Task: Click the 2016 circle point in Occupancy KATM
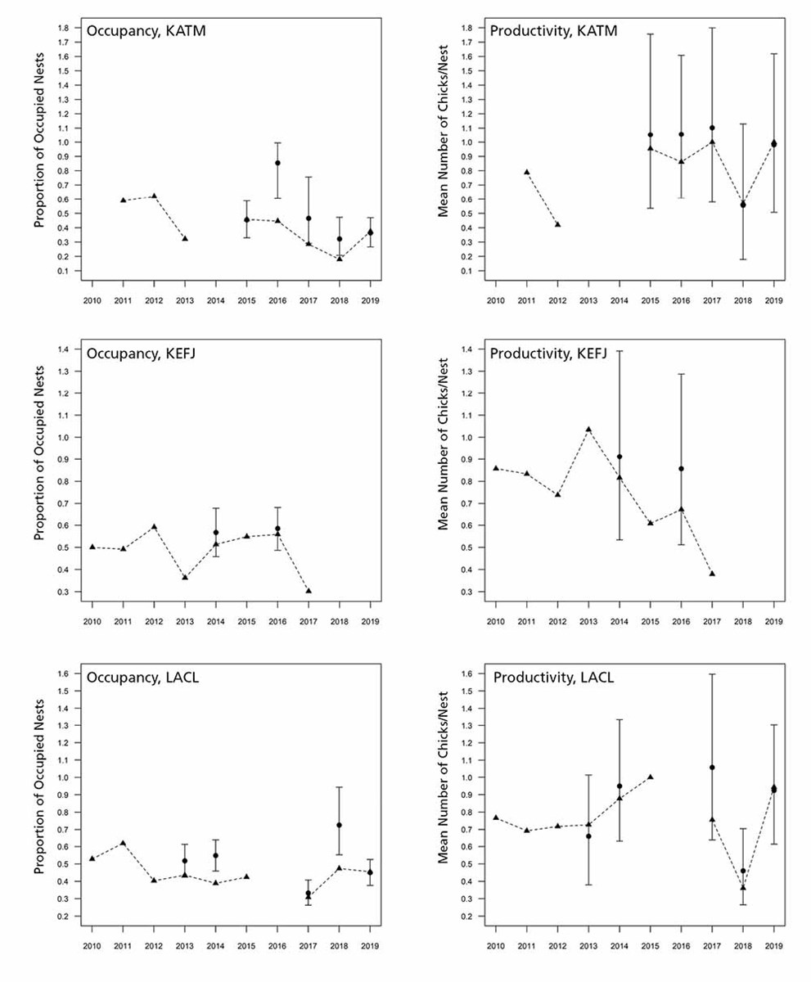tap(277, 163)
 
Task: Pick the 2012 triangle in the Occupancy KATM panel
tap(154, 196)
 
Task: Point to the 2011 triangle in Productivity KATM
tap(527, 172)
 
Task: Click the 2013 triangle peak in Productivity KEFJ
tap(588, 430)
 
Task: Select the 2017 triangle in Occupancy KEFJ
tap(309, 590)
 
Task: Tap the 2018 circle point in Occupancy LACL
tap(339, 825)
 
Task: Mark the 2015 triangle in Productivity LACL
tap(651, 777)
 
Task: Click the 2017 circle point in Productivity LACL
tap(712, 768)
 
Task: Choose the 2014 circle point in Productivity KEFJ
tap(620, 457)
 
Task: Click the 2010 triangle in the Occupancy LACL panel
tap(92, 858)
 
